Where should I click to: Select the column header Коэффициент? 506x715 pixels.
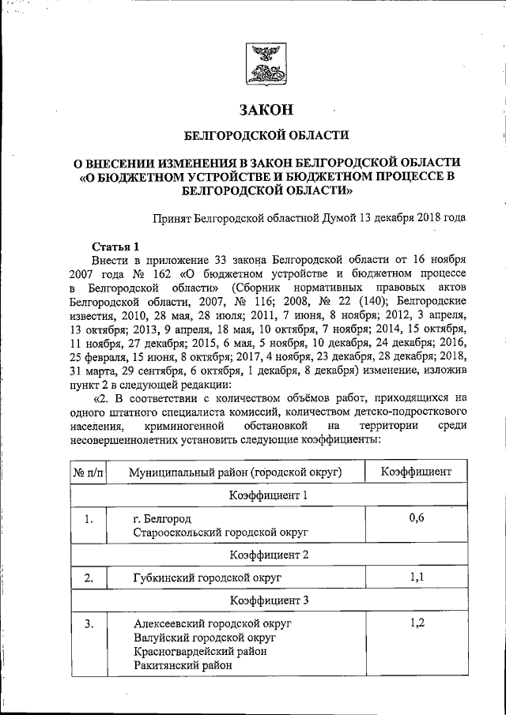(416, 472)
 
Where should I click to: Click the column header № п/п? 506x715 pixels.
(88, 472)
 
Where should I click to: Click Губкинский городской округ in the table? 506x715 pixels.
(207, 578)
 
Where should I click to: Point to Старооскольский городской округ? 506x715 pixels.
(220, 533)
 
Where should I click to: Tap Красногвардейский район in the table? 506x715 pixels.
(201, 652)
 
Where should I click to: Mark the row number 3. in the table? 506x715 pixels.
(89, 624)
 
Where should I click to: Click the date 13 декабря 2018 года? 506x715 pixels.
(411, 216)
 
